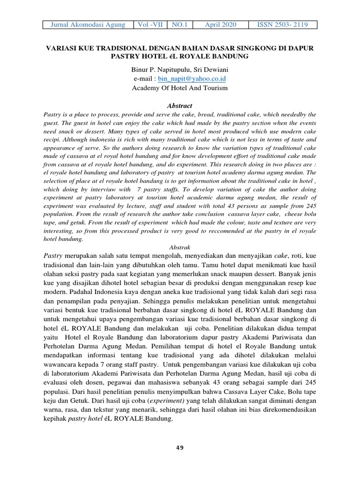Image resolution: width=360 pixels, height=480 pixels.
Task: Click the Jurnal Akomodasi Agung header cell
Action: point(88,25)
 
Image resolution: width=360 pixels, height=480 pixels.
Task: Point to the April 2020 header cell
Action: point(220,25)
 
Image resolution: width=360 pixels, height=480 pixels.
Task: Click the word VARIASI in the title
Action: point(60,48)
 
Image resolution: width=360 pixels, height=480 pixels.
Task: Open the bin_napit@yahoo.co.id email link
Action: point(192,79)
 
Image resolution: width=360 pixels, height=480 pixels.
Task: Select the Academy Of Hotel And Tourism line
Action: point(180,88)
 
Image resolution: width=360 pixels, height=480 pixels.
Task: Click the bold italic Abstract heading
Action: point(180,106)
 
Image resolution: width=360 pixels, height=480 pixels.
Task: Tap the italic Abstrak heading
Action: point(180,247)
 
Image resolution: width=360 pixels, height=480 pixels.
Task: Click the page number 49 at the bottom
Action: point(180,448)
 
